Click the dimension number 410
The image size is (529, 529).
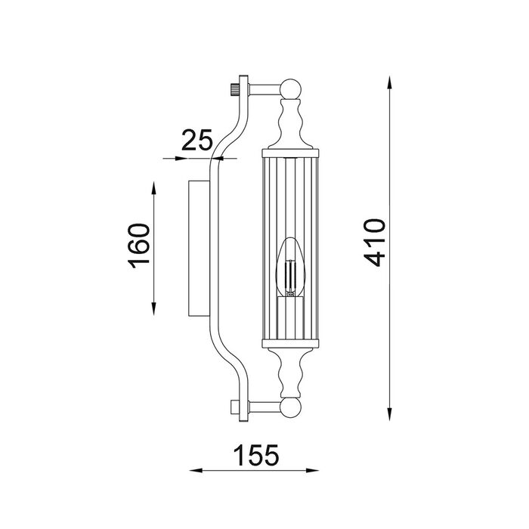coord(374,243)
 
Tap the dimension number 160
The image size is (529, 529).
coord(138,246)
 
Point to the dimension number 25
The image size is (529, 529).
coord(197,140)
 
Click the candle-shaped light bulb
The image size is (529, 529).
coord(290,268)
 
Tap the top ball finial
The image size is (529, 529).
coord(290,88)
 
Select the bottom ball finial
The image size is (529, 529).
coord(290,407)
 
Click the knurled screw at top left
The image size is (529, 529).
coord(234,90)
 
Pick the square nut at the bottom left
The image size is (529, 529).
coord(234,407)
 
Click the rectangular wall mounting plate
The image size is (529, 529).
coord(199,249)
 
